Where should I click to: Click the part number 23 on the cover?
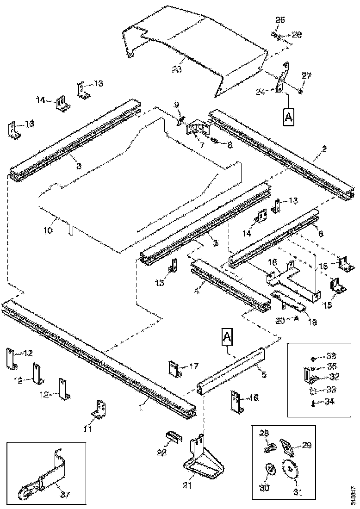tap(176, 69)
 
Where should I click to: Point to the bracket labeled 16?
tap(236, 401)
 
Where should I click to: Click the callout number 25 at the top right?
tap(280, 20)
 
